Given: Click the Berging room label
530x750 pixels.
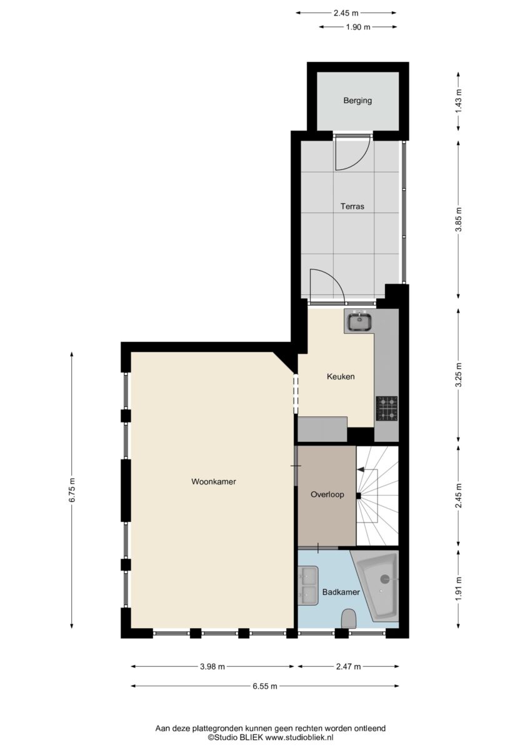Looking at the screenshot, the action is (357, 101).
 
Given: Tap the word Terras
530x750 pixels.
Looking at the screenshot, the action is (352, 206).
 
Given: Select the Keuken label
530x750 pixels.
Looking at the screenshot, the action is (341, 376).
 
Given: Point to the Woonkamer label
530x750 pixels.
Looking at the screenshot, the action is (214, 481).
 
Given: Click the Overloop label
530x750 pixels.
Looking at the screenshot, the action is (327, 494).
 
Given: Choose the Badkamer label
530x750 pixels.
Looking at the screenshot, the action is (341, 592).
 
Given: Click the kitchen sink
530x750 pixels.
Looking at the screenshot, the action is (359, 321).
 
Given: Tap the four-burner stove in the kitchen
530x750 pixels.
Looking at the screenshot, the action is (387, 409).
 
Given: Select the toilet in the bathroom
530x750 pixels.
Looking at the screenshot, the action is (348, 619).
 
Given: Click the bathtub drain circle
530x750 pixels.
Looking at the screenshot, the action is (385, 578).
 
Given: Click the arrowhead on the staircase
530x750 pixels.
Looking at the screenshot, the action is (361, 469).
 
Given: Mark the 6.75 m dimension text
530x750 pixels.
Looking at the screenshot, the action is (72, 490).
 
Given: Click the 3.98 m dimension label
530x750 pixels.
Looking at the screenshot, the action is (212, 667).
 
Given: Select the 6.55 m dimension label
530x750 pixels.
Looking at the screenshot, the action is (265, 686).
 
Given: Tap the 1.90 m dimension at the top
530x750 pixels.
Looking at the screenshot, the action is (358, 27).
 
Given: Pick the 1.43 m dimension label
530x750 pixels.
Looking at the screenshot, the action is (458, 101).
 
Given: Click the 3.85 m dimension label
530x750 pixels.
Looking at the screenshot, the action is (458, 219).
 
